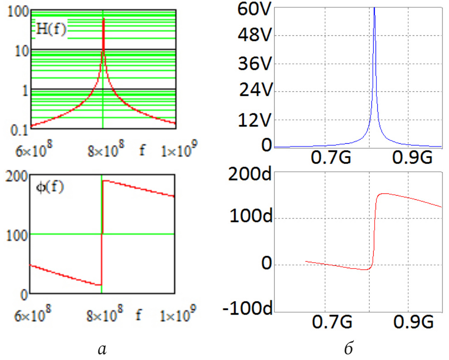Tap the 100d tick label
click(x=249, y=218)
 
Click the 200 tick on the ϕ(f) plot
click(x=16, y=176)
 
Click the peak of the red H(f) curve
click(x=103, y=19)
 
